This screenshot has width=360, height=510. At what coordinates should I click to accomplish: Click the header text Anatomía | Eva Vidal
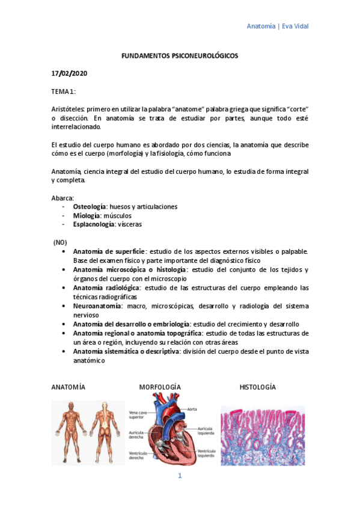tap(278, 26)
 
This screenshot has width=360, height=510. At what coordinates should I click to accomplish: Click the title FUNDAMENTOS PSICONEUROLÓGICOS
tap(180, 55)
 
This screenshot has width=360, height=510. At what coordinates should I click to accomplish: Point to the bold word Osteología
tap(90, 206)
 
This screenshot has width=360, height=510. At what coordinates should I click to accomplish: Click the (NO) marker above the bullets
tap(61, 242)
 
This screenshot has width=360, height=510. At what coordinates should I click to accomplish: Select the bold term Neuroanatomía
tap(98, 306)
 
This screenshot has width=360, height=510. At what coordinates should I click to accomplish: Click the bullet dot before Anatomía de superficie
tap(64, 251)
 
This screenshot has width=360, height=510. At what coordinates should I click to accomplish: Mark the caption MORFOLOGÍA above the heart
tap(160, 387)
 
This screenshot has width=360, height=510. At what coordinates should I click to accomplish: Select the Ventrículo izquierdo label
tap(206, 453)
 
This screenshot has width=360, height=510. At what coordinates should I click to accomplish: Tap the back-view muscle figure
tap(103, 432)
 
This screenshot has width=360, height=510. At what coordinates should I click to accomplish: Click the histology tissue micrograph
tap(262, 434)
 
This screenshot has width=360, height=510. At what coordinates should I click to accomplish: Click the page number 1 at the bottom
tap(179, 476)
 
